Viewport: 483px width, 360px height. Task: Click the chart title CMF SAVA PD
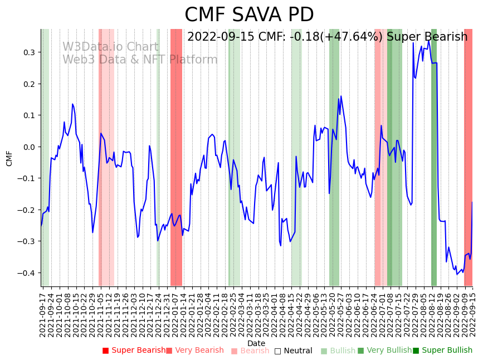[x=249, y=15]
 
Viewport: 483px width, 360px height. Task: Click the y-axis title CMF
[x=9, y=158]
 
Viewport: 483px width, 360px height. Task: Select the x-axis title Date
[x=256, y=343]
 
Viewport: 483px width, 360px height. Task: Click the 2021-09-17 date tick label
[x=43, y=312]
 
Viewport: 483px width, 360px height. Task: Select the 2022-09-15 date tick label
[x=473, y=312]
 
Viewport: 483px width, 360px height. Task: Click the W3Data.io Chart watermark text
[x=110, y=47]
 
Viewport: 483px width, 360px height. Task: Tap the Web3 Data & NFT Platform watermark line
[x=140, y=60]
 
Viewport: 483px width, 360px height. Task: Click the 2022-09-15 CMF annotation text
[x=327, y=37]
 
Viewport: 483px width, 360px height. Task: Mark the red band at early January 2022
[x=176, y=167]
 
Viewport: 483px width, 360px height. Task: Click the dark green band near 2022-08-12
[x=434, y=167]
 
